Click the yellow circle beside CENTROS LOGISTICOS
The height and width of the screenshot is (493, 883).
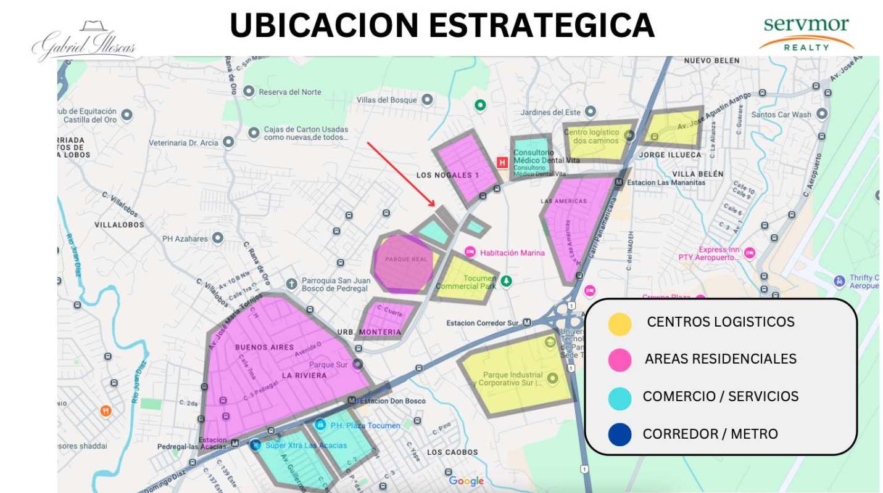coord(620,324)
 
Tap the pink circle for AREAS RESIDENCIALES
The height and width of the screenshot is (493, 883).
coord(620,360)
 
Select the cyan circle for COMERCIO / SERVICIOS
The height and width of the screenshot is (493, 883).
coord(620,398)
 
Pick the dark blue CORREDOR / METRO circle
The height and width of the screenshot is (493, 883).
coord(620,434)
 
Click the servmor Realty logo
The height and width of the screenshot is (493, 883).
coord(806,33)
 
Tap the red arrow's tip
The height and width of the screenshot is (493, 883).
coord(434,205)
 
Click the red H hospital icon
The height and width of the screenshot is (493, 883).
coord(502,162)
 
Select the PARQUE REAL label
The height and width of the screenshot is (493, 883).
coord(406,259)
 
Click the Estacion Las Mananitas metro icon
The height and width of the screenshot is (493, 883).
coord(619,182)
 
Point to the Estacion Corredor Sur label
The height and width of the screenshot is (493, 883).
coord(483,323)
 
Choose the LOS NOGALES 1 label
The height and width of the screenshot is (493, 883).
coord(447,176)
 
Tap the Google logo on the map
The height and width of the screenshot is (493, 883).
coord(466,481)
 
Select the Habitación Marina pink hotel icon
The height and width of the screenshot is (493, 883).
coord(470,252)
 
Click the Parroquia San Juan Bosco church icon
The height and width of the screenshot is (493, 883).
coord(292,284)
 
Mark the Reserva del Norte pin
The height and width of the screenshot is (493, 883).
coord(249,92)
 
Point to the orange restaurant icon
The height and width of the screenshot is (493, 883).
coord(106,410)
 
